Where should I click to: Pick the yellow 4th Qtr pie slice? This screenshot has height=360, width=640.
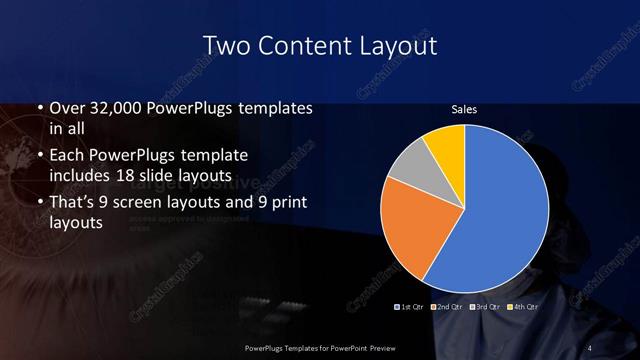tap(445, 146)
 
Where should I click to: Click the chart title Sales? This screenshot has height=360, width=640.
tap(464, 107)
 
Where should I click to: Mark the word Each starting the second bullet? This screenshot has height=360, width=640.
tap(70, 156)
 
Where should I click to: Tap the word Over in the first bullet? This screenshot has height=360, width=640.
tap(70, 108)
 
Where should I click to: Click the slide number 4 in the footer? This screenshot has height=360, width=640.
tap(589, 347)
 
